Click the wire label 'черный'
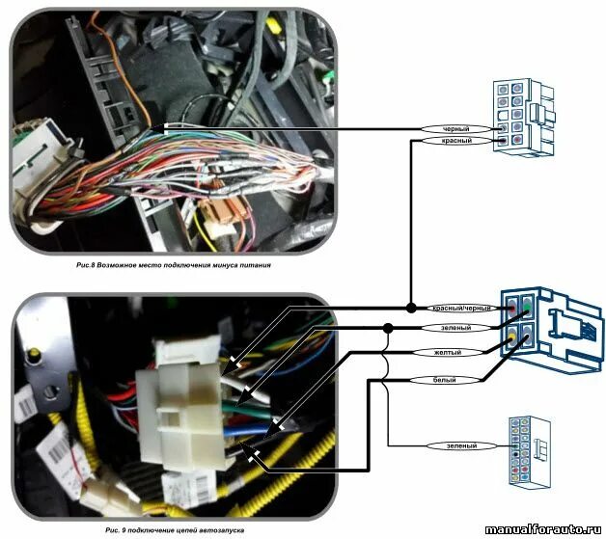point(456,127)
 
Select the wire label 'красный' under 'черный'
point(456,141)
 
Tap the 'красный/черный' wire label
point(461,308)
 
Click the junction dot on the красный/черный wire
point(410,308)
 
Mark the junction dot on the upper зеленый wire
point(387,328)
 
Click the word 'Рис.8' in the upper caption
point(90,261)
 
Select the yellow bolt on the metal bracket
point(37,360)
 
